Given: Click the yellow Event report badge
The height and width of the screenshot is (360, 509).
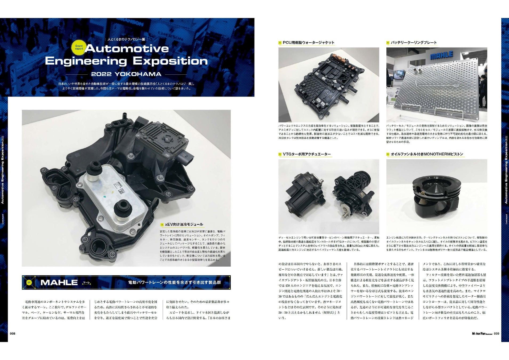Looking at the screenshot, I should coord(79,47).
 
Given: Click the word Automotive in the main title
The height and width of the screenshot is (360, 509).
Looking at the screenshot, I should coord(127,49).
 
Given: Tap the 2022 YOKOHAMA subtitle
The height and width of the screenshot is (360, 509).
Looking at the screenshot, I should coord(126,74).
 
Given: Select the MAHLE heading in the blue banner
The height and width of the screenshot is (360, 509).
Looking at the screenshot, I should coord(59,282).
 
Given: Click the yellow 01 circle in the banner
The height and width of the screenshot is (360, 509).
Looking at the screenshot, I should coord(29,282).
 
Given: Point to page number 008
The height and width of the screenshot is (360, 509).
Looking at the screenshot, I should coord(13,334).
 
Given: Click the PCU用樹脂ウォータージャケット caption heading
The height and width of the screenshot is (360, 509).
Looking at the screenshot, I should coord(308,43).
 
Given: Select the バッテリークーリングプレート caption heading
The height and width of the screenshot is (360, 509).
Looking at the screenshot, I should coord(414,43).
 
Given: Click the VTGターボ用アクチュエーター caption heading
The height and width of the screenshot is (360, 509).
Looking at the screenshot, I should coord(306,154).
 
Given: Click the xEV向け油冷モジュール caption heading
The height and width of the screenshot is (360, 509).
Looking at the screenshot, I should coord(184,225).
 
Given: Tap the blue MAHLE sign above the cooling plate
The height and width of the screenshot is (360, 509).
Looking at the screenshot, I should coord(441,56).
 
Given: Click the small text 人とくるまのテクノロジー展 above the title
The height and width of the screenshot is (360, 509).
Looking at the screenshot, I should coord(126,39).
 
